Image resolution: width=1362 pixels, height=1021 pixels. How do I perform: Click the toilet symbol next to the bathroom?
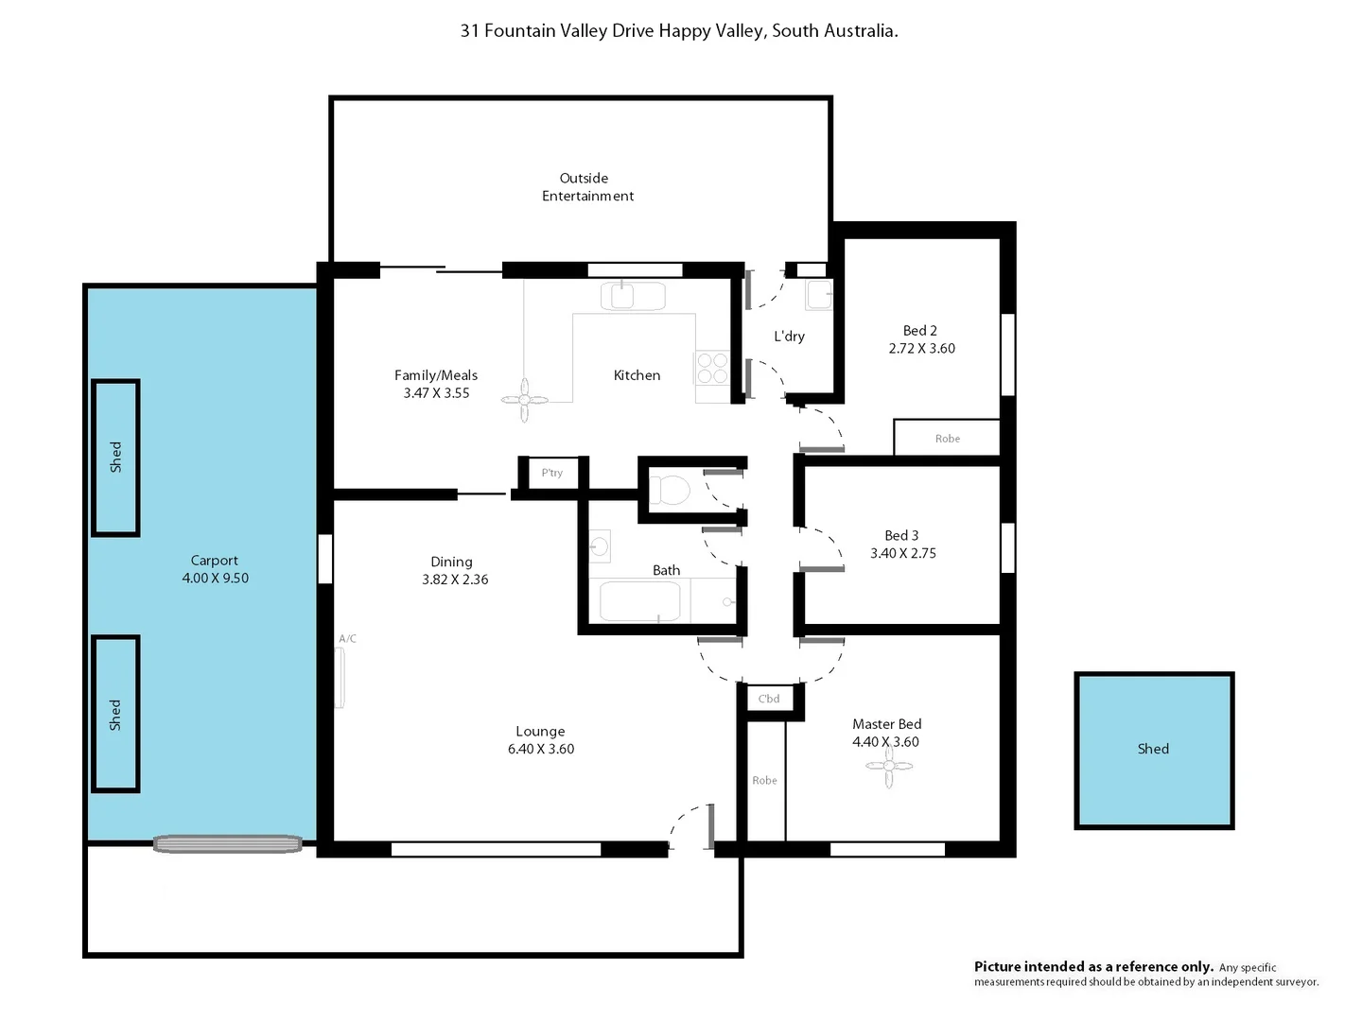coord(671,491)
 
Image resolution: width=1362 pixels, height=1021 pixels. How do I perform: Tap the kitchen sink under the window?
coord(622,297)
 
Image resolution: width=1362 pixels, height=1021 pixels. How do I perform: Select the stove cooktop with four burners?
coord(712,368)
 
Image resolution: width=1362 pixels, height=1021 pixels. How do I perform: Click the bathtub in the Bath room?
coord(640,602)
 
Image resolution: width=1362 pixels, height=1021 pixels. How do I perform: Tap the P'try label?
coord(552,473)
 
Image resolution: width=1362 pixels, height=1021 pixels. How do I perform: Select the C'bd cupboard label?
coord(769,699)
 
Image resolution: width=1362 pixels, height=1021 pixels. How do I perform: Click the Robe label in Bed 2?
coord(947,439)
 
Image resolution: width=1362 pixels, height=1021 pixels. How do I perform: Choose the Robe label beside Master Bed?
coord(764,780)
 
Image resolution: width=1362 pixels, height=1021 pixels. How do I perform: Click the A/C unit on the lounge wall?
coord(340,677)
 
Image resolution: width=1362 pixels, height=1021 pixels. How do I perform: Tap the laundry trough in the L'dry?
coord(818,295)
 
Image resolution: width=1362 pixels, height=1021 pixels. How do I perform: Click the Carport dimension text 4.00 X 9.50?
coord(215,579)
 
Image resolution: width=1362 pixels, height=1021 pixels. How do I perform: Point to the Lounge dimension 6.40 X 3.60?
coord(540,749)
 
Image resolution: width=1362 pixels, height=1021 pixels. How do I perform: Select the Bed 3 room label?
coord(901,536)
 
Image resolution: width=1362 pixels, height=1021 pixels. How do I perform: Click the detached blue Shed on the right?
coord(1154,750)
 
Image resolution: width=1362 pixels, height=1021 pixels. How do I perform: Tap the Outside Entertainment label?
coord(586,187)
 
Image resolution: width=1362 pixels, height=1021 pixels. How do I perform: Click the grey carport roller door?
coord(228,844)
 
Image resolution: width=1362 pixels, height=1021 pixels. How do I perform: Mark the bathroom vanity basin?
coord(600,546)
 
